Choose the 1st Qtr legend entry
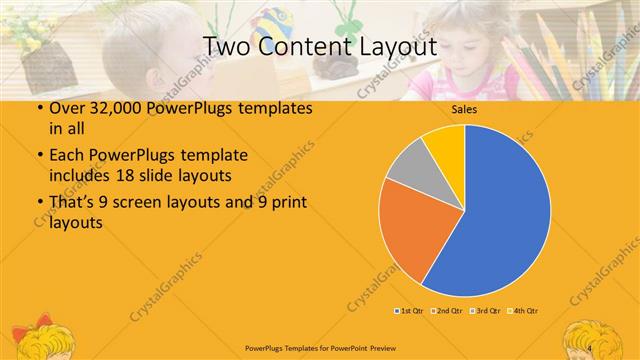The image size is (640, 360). tap(410, 311)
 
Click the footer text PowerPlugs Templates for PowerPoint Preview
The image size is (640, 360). tap(319, 347)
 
